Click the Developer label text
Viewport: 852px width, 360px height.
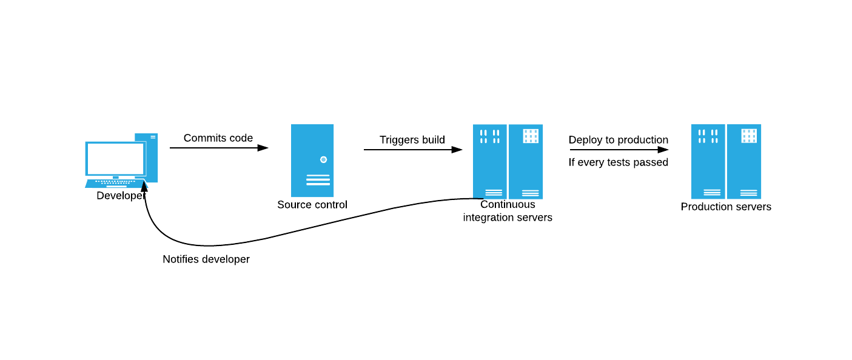(x=121, y=196)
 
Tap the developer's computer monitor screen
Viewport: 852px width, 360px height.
(x=115, y=159)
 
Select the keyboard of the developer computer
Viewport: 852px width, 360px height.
(x=115, y=182)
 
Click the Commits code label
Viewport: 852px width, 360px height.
(x=218, y=138)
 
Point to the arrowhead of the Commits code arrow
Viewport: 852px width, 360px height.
(x=263, y=148)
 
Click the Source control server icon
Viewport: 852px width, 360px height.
(x=312, y=161)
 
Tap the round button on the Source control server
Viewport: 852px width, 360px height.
(x=323, y=159)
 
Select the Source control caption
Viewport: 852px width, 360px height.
(x=312, y=205)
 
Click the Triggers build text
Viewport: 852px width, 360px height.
(x=412, y=140)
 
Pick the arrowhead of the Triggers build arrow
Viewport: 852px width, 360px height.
(x=457, y=150)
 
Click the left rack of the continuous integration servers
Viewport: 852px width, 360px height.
(x=489, y=161)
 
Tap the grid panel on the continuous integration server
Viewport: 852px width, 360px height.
(x=531, y=136)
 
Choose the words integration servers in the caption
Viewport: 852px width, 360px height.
(x=508, y=218)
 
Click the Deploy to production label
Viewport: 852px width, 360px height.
(x=618, y=140)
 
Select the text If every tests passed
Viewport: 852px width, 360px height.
(x=618, y=162)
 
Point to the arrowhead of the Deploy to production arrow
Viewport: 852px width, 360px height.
(x=663, y=150)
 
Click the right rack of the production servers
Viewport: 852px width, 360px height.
(x=744, y=161)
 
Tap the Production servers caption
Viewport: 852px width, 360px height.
(x=726, y=207)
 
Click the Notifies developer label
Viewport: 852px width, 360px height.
(x=206, y=259)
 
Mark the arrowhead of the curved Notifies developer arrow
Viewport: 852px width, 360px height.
(x=144, y=186)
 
